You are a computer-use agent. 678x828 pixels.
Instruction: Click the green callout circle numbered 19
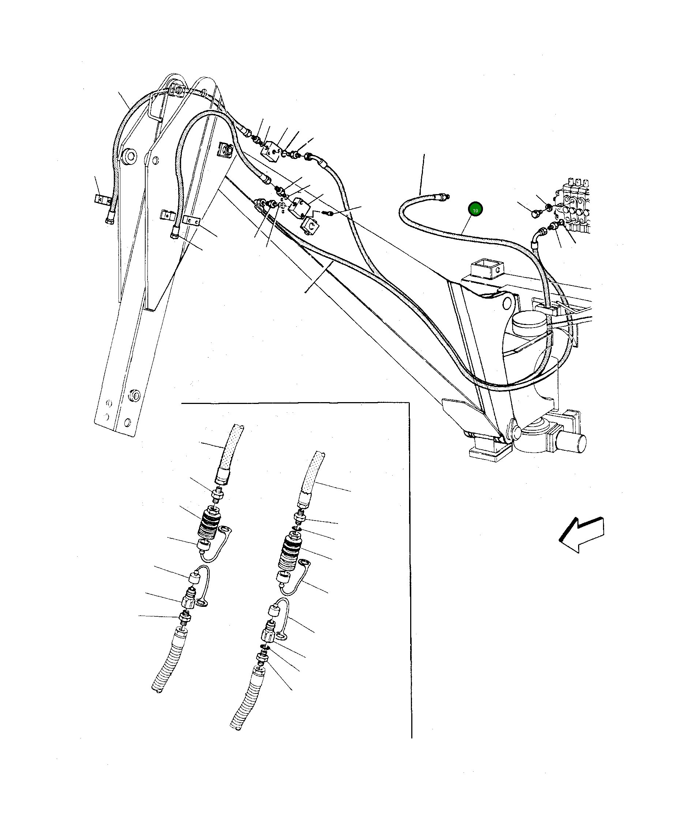pos(475,210)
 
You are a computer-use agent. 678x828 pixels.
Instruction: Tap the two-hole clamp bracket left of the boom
pos(103,199)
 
